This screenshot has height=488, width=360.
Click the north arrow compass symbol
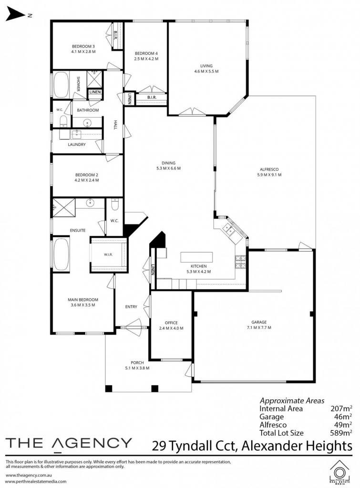16,15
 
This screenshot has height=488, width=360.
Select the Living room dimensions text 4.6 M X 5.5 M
206,71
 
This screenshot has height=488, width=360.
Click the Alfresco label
269,170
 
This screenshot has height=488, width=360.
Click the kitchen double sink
229,230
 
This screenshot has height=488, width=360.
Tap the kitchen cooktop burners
241,262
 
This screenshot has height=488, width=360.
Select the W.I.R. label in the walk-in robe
108,254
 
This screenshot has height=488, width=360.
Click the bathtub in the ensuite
62,254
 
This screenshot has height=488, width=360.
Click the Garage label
259,323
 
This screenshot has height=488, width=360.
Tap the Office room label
171,323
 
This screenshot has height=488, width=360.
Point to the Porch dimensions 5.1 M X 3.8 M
137,368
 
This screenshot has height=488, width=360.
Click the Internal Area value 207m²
341,408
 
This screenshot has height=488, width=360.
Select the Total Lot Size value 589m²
341,433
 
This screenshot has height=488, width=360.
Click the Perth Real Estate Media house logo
341,472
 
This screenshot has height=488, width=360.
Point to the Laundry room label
77,145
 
